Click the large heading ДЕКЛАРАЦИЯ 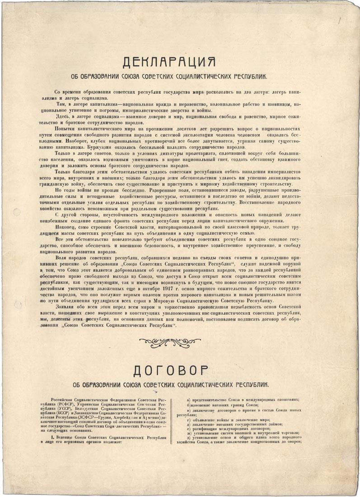(179, 61)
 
